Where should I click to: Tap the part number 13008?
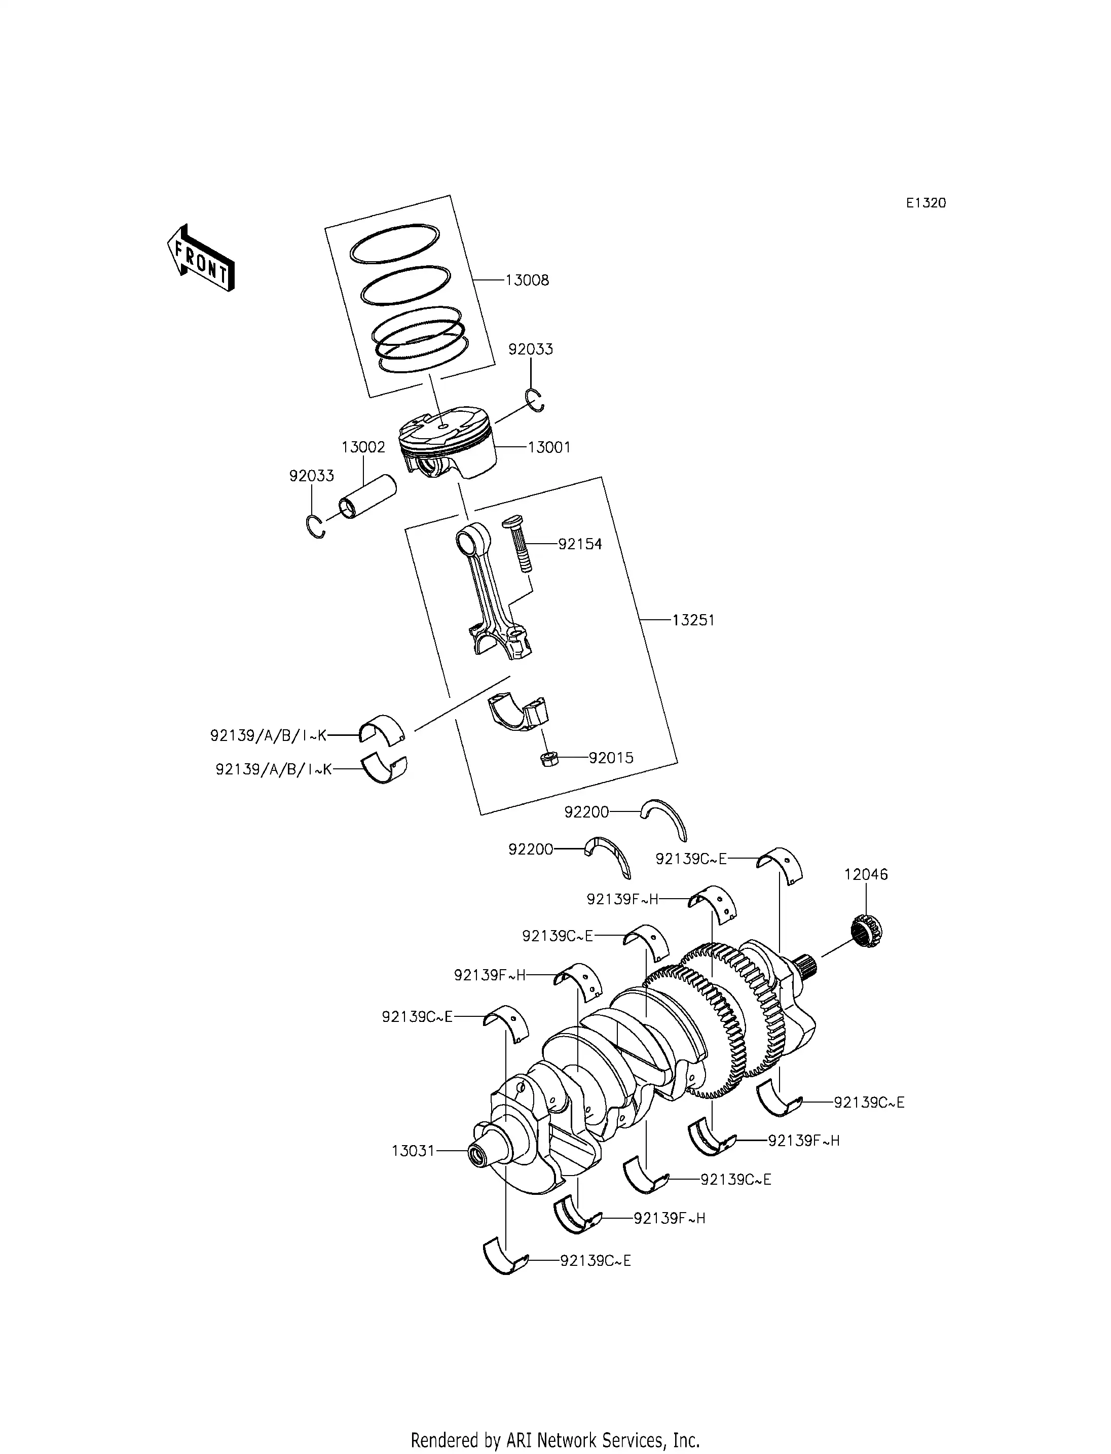click(x=527, y=280)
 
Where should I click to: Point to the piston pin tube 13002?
click(x=367, y=497)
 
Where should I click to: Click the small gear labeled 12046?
click(x=865, y=931)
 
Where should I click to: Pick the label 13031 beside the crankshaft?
click(x=413, y=1150)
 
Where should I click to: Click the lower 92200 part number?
click(x=530, y=848)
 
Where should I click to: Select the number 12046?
click(x=866, y=874)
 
